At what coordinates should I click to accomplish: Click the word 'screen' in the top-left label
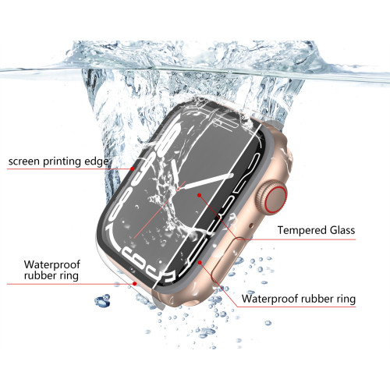click(24, 161)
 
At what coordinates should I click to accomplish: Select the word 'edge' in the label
click(97, 161)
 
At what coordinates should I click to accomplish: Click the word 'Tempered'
click(302, 230)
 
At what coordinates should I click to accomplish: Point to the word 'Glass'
click(342, 230)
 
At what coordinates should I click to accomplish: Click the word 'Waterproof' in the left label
click(52, 264)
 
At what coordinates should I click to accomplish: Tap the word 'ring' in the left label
click(69, 276)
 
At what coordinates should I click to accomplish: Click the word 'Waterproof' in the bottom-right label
click(270, 299)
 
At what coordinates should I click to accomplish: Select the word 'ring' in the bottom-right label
click(346, 299)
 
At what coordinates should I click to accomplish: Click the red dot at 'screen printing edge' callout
click(133, 168)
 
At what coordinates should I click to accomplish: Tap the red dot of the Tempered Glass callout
click(199, 195)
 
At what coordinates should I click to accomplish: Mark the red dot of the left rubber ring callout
click(135, 283)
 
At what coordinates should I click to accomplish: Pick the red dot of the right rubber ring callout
click(200, 262)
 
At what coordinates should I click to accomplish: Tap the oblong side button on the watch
click(229, 261)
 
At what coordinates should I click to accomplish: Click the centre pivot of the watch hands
click(179, 188)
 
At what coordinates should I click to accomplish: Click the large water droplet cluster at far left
click(102, 300)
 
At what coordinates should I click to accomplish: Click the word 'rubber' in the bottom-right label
click(317, 299)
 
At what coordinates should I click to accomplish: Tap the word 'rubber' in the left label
click(41, 275)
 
